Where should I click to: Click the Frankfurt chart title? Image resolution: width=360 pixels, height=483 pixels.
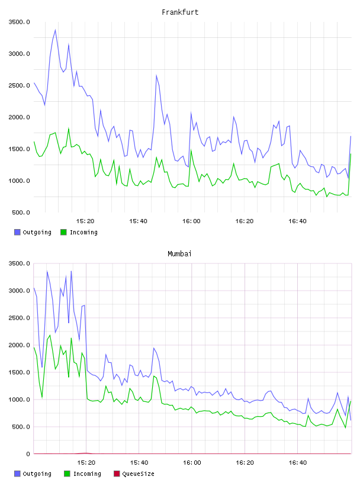[x=180, y=12]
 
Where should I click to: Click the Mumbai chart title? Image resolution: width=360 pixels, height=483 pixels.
[x=179, y=253]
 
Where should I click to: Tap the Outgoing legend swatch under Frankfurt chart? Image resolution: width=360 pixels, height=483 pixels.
[x=17, y=232]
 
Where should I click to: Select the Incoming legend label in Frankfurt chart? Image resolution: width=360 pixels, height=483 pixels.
[x=83, y=232]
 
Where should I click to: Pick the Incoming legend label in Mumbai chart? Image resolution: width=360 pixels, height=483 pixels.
[x=87, y=474]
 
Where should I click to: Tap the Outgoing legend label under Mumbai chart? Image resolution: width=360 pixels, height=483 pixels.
[x=37, y=474]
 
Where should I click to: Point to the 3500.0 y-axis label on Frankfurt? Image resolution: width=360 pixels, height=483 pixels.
[x=20, y=22]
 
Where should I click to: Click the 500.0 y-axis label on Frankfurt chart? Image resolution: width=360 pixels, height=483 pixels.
[x=21, y=212]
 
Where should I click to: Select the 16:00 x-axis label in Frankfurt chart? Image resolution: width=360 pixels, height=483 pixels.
[x=191, y=221]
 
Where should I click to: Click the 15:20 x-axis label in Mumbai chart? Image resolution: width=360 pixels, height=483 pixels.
[x=86, y=463]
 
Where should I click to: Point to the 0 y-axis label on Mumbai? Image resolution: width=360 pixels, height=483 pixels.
[x=28, y=454]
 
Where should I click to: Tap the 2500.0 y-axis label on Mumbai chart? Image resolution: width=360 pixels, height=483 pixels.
[x=20, y=318]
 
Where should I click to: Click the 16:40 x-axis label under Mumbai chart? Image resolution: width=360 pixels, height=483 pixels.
[x=298, y=463]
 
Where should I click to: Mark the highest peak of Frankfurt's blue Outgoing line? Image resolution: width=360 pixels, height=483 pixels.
[x=55, y=30]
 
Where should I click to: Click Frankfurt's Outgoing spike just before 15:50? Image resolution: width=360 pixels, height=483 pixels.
[x=156, y=75]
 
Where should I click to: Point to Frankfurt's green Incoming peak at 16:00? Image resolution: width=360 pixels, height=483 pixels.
[x=191, y=150]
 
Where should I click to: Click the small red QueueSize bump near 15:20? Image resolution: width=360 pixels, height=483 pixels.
[x=86, y=453]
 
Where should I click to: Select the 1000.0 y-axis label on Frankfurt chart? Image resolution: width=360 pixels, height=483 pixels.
[x=20, y=181]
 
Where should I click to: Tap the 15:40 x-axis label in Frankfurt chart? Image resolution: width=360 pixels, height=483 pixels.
[x=138, y=221]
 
